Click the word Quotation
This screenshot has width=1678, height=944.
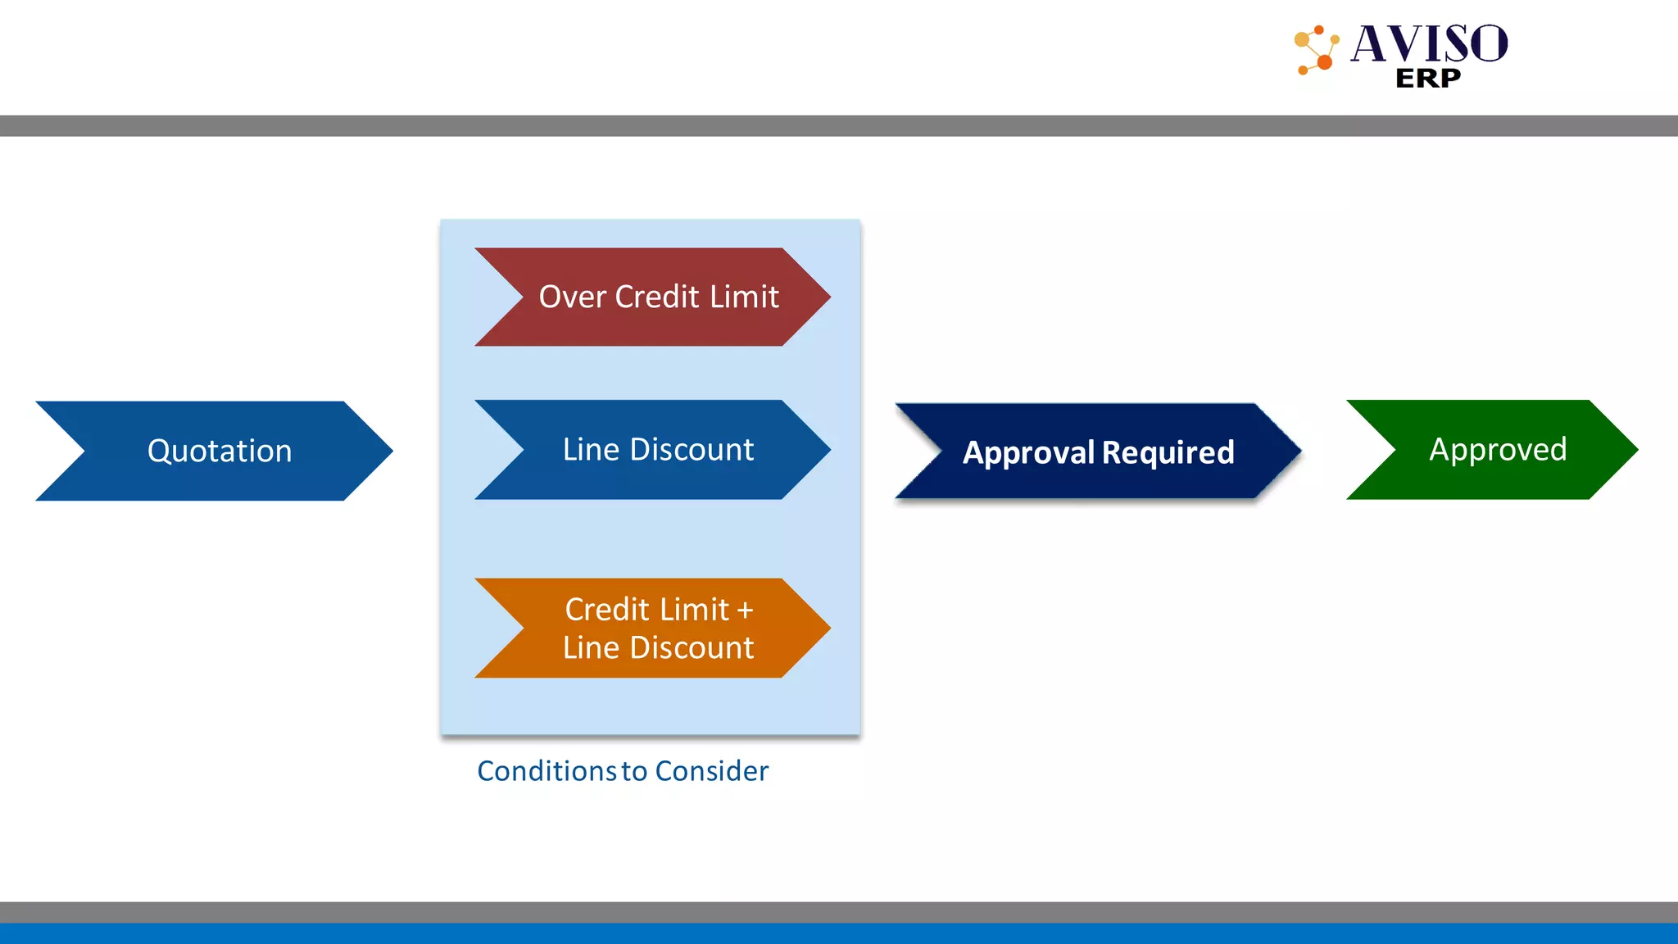click(x=220, y=451)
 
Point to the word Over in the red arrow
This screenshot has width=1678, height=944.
click(x=572, y=297)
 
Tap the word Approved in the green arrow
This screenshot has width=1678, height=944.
click(x=1498, y=449)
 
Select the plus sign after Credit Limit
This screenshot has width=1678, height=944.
click(x=744, y=610)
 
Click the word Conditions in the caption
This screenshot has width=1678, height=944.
click(x=546, y=771)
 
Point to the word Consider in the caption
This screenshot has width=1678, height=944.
click(x=711, y=771)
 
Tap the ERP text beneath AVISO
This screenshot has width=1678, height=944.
click(x=1427, y=79)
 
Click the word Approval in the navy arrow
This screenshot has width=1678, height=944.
click(x=1028, y=452)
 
